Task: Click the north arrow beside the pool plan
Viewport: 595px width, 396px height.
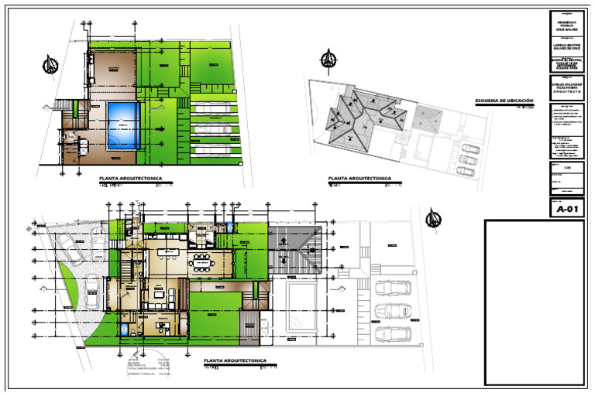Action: click(52, 65)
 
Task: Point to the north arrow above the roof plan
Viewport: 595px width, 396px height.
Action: click(328, 59)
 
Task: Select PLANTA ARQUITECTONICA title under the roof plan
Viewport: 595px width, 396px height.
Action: click(359, 179)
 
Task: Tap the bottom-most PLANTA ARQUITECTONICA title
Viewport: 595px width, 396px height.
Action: click(235, 361)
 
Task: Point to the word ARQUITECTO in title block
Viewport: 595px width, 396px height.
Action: click(566, 90)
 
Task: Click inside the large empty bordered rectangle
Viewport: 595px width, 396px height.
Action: click(535, 302)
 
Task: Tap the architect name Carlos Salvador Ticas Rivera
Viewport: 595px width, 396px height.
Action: click(566, 83)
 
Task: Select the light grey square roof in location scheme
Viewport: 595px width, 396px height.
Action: click(426, 118)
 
